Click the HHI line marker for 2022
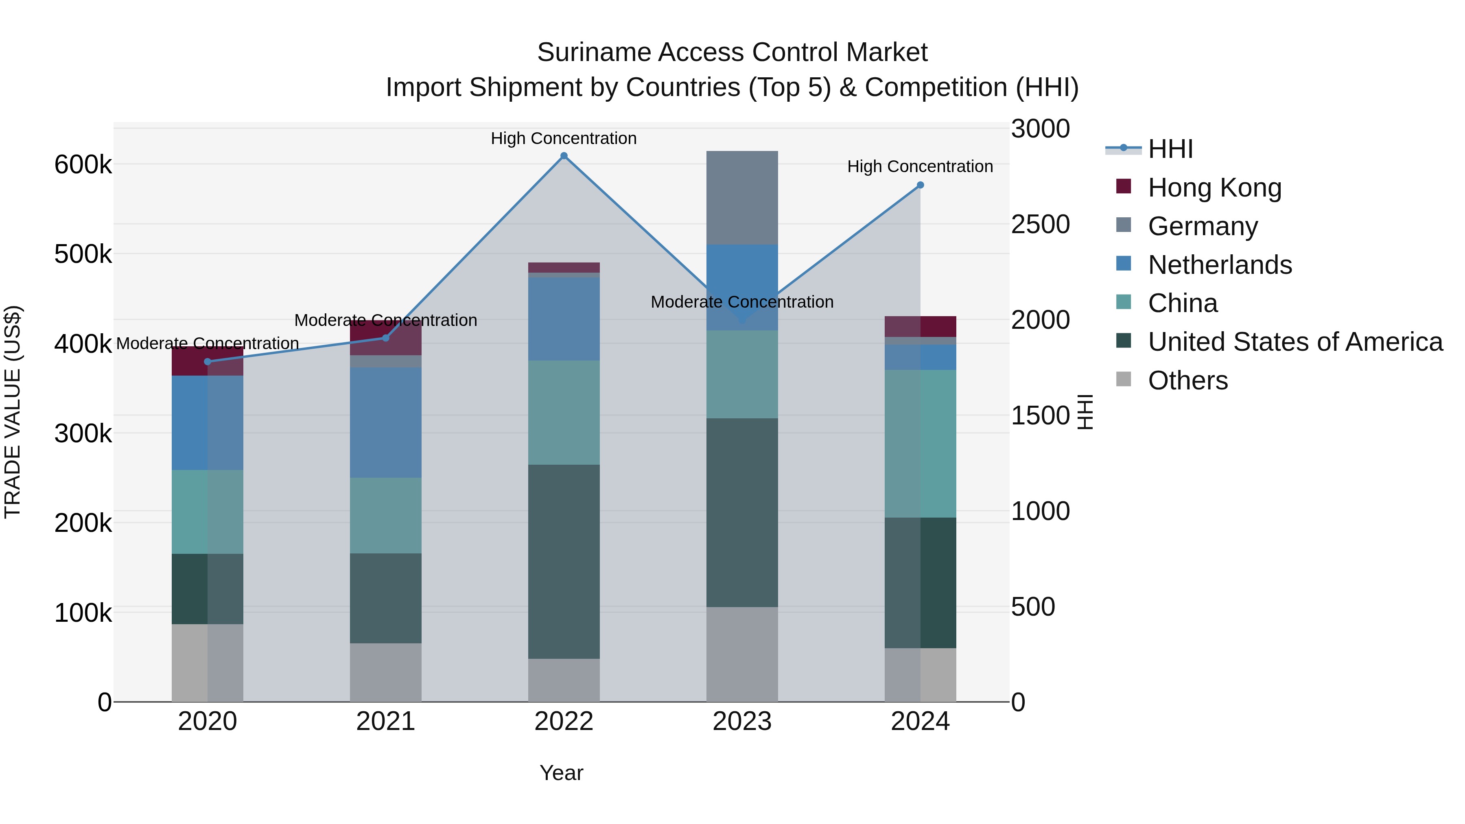tap(564, 156)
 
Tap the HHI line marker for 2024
tap(920, 185)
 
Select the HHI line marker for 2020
tap(208, 362)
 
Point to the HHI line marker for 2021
tap(386, 338)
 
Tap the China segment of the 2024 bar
tap(920, 444)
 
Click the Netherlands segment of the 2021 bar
tap(386, 422)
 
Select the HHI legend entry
tap(1170, 149)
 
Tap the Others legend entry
tap(1187, 380)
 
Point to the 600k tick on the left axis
tap(83, 165)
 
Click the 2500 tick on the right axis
tap(1040, 224)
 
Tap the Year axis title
tap(561, 773)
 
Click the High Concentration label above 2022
tap(564, 138)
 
